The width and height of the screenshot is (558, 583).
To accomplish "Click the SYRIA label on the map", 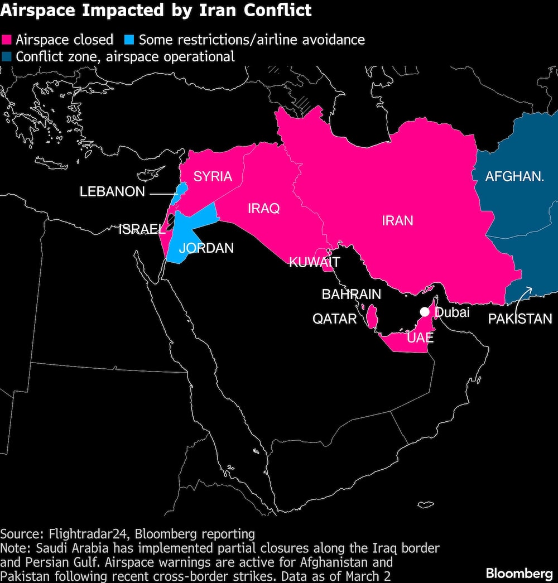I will pos(213,177).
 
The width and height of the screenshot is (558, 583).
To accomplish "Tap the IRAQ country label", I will pos(264,209).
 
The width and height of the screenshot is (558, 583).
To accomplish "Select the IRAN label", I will pos(397,220).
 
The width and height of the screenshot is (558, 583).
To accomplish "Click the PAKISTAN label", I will pos(520,319).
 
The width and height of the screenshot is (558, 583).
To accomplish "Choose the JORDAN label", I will pos(206,248).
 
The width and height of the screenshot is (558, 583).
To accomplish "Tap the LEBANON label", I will pos(112,192).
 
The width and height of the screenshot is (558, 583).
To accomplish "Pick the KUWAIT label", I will pos(314,262).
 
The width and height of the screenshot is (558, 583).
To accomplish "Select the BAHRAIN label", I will pos(352,295).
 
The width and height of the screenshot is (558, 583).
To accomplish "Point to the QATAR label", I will pos(334,319).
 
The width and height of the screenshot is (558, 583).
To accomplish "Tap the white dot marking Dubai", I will pos(425,312).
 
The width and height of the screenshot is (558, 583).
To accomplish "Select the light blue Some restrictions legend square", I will pos(129,40).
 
